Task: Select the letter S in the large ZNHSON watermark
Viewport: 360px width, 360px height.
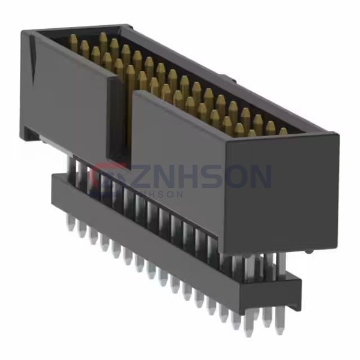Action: click(214, 176)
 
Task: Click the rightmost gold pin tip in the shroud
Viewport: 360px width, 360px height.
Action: click(283, 130)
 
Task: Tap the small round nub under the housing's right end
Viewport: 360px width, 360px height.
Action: click(308, 251)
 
